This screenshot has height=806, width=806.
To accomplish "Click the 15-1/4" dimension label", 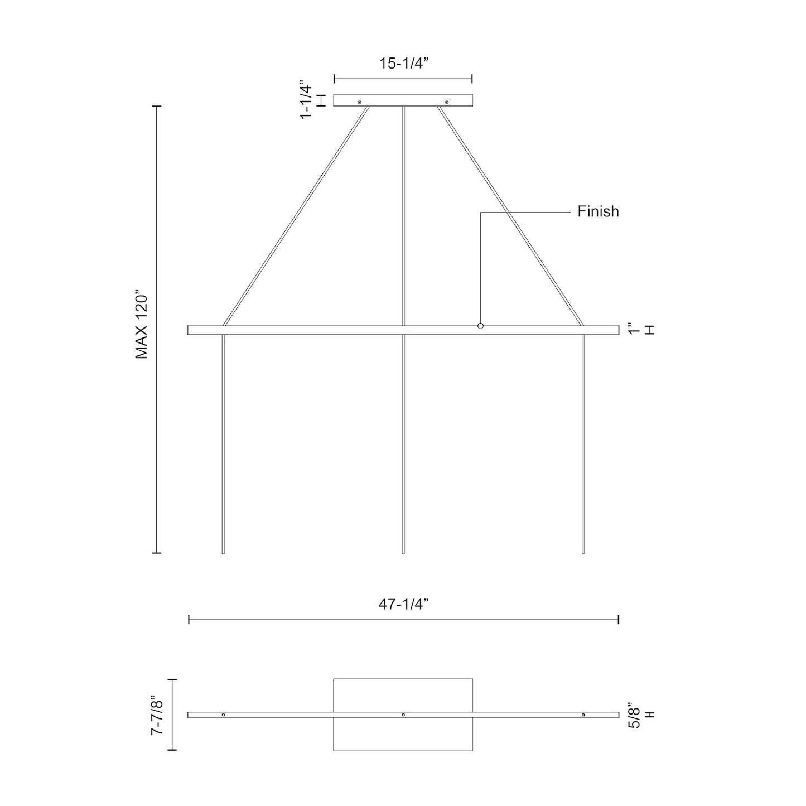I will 403,63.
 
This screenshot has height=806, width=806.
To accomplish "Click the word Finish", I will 598,211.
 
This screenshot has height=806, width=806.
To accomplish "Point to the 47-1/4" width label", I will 403,604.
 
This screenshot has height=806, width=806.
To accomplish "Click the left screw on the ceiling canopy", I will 360,102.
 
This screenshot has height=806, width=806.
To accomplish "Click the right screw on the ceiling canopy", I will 447,102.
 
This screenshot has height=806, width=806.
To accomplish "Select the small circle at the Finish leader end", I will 480,326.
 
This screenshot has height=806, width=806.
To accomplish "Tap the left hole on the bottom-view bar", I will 223,715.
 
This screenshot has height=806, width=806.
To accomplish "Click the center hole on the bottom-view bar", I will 403,715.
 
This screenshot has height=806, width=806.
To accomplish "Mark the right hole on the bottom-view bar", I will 583,715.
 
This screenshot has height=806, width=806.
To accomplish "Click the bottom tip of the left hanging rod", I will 223,552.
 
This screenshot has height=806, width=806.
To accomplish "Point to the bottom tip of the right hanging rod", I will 583,552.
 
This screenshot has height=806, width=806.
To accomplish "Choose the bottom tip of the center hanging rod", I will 403,552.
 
